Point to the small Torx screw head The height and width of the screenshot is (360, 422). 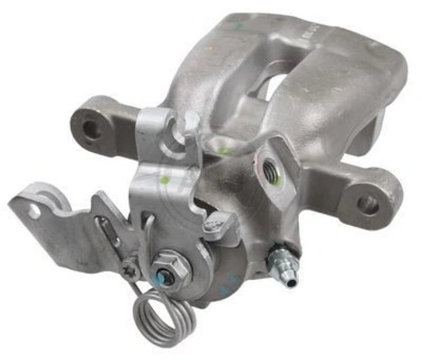pyautogui.click(x=131, y=267)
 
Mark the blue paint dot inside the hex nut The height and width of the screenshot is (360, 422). pyautogui.click(x=166, y=265)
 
